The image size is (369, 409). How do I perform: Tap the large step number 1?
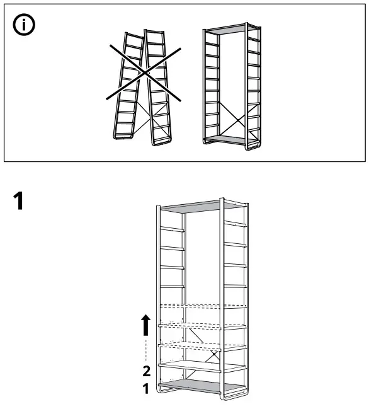[x=20, y=202]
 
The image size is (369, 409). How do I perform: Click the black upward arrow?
[x=146, y=326]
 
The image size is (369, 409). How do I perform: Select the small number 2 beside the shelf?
[x=146, y=371]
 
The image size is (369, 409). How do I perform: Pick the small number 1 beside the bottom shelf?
[x=146, y=389]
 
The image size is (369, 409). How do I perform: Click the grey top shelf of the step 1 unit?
[x=201, y=206]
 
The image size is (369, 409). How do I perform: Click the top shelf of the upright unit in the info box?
[x=231, y=30]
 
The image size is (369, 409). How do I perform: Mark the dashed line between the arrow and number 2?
[x=146, y=350]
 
